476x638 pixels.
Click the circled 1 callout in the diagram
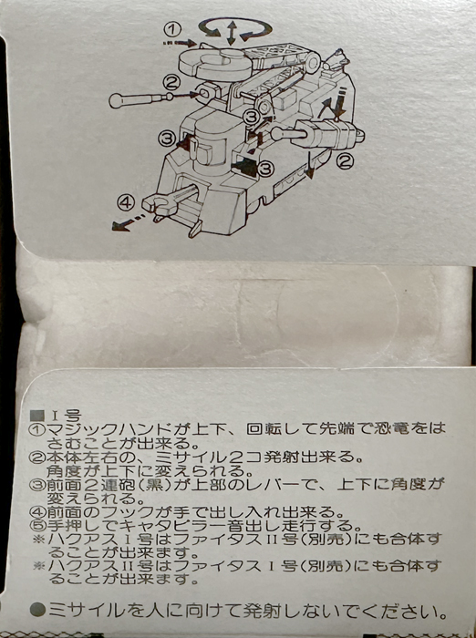(172, 29)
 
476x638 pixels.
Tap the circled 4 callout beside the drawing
(126, 202)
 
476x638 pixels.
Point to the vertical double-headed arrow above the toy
(232, 33)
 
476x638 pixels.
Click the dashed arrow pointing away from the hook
(128, 221)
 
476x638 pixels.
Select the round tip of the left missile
(115, 101)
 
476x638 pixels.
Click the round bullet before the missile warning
(38, 611)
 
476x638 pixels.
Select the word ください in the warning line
(399, 611)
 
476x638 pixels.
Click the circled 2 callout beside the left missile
(171, 84)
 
